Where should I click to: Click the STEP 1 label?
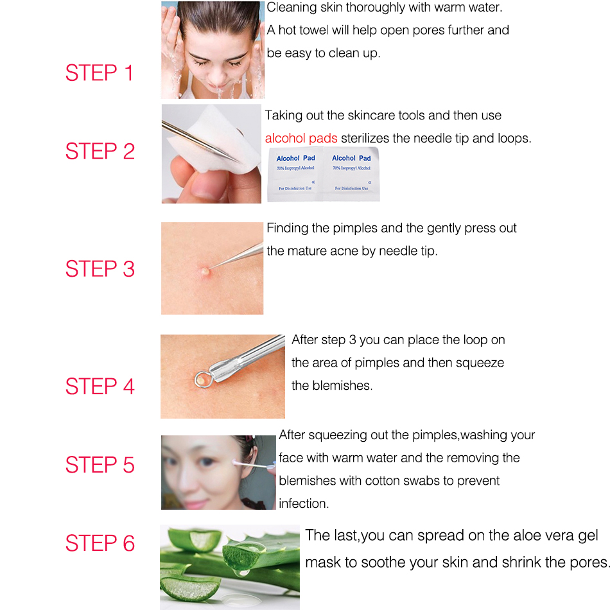click(100, 73)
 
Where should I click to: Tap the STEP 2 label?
click(100, 152)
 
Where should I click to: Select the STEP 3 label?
click(100, 269)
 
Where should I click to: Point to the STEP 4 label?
click(100, 387)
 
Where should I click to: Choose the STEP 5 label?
click(100, 465)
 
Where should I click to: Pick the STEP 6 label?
click(100, 543)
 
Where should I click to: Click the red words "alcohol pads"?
click(301, 139)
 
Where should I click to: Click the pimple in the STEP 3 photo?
click(205, 271)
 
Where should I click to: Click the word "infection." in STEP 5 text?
click(304, 504)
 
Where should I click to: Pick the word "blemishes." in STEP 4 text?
click(331, 386)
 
